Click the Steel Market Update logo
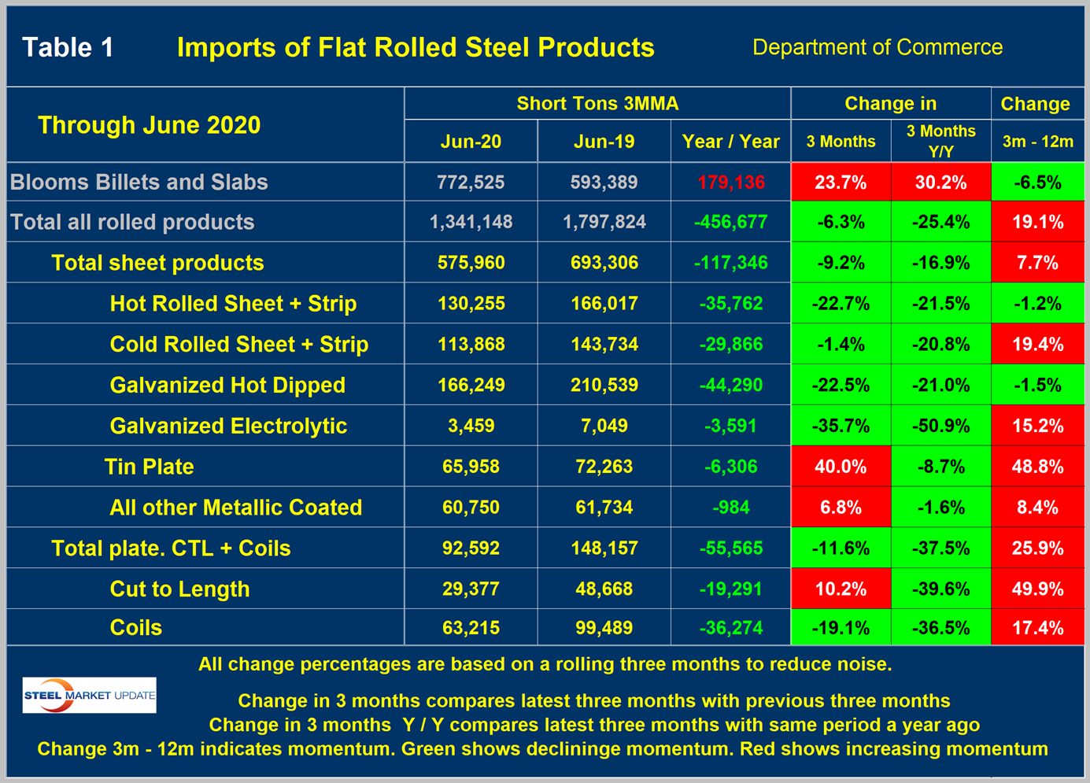pyautogui.click(x=89, y=696)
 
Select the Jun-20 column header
pyautogui.click(x=471, y=142)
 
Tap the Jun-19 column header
pyautogui.click(x=604, y=142)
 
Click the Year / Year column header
pyautogui.click(x=730, y=142)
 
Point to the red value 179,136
pyautogui.click(x=730, y=183)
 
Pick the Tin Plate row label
pyautogui.click(x=149, y=467)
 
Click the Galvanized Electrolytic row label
pyautogui.click(x=228, y=426)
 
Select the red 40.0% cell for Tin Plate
pyautogui.click(x=841, y=467)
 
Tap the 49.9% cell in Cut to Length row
pyautogui.click(x=1037, y=589)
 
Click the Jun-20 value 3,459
pyautogui.click(x=471, y=426)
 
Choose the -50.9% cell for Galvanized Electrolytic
pyautogui.click(x=940, y=426)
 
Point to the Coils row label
pyautogui.click(x=135, y=628)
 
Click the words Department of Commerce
pyautogui.click(x=877, y=47)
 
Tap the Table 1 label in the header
pyautogui.click(x=68, y=47)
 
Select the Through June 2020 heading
pyautogui.click(x=149, y=125)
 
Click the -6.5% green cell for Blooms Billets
pyautogui.click(x=1037, y=183)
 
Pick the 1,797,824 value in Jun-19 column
pyautogui.click(x=604, y=222)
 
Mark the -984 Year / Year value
pyautogui.click(x=730, y=508)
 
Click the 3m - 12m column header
pyautogui.click(x=1037, y=142)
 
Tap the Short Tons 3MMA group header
pyautogui.click(x=597, y=104)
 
